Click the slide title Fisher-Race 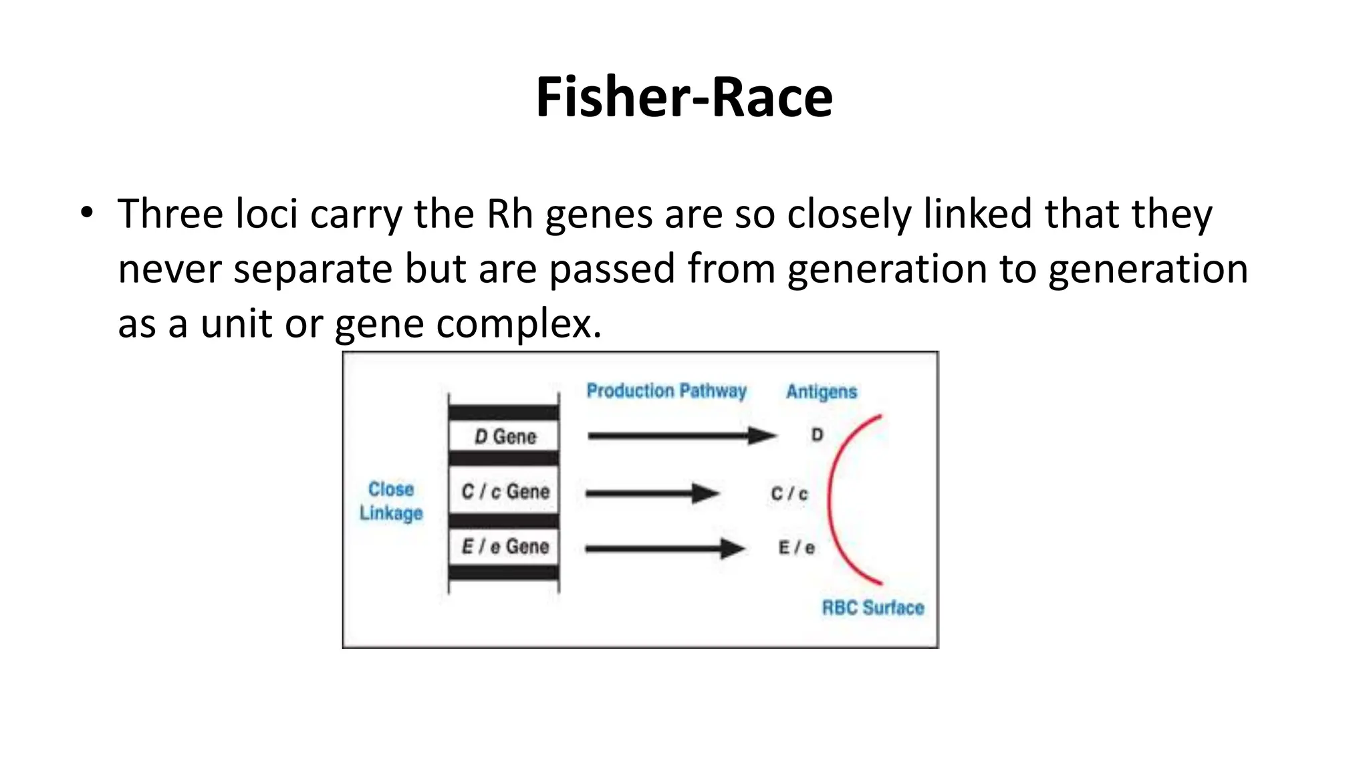click(x=684, y=98)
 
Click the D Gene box click(x=505, y=436)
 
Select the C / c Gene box click(x=505, y=491)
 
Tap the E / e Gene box click(x=505, y=546)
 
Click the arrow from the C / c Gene click(x=652, y=494)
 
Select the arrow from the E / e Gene click(x=664, y=549)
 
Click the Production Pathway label click(x=666, y=391)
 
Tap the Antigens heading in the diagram click(x=822, y=392)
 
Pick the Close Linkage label click(x=391, y=501)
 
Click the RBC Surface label click(x=873, y=608)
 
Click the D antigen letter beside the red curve click(x=817, y=435)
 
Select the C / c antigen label click(x=789, y=494)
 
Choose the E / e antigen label click(x=796, y=548)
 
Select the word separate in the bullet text click(x=313, y=269)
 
